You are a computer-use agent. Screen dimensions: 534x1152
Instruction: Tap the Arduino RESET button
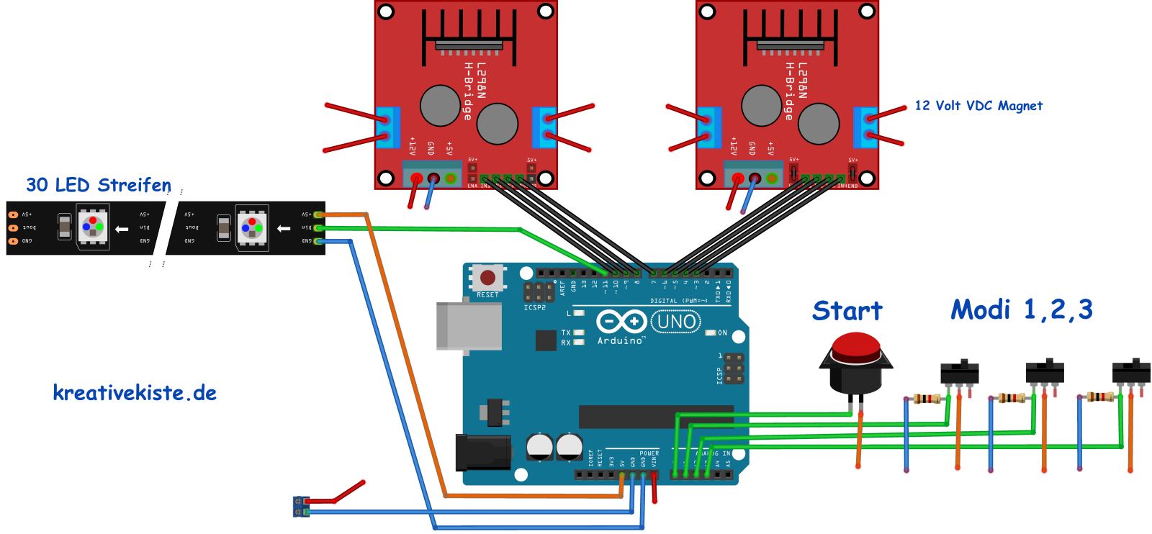pos(487,278)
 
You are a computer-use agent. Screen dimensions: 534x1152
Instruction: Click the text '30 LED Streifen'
pos(98,185)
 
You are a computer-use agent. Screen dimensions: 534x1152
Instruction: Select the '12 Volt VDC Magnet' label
pos(978,105)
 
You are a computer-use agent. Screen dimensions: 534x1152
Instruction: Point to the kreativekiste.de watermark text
pos(135,393)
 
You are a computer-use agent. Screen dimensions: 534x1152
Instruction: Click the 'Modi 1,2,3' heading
pos(1021,309)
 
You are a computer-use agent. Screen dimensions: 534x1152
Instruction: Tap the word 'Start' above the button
pos(847,311)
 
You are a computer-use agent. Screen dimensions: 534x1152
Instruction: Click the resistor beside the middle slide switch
pos(1012,398)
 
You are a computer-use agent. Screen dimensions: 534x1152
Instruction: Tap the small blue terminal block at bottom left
pos(302,506)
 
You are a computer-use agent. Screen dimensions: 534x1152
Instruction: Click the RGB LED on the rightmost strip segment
pos(253,226)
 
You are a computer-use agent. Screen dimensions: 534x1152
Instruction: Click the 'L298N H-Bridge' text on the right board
pos(796,90)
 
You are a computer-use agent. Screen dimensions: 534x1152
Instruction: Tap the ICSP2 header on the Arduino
pos(536,292)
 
